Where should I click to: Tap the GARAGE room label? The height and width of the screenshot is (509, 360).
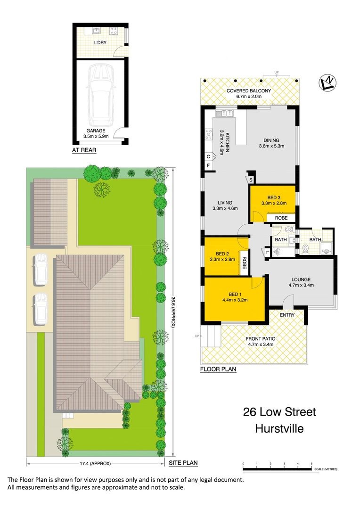[96, 131]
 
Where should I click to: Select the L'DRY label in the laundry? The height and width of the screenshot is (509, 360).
[100, 42]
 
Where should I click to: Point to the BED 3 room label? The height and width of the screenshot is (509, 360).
[274, 197]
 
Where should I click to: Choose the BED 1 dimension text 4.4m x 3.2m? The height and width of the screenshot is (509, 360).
[235, 300]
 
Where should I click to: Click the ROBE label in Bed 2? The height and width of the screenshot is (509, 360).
[245, 263]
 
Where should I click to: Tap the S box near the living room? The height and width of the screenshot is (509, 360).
[251, 180]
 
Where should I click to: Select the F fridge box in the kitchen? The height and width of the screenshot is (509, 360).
[208, 165]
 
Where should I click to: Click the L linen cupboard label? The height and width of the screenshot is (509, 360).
[267, 252]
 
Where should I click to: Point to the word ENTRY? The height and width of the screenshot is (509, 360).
[287, 315]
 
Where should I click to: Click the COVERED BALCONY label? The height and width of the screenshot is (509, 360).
[249, 91]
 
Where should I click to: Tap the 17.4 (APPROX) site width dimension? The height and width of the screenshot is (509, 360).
[95, 464]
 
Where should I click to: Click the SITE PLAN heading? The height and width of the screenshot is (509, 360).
[183, 463]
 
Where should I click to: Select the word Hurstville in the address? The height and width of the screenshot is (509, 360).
[279, 428]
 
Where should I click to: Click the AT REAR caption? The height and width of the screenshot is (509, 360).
[84, 150]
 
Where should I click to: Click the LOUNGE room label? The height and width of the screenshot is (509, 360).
[301, 279]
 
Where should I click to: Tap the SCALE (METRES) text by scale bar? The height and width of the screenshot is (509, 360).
[326, 469]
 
